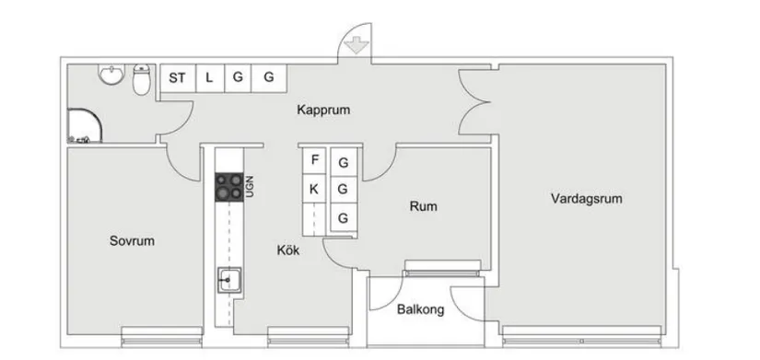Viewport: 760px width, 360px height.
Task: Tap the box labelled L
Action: tap(209, 78)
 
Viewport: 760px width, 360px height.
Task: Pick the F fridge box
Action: tap(315, 160)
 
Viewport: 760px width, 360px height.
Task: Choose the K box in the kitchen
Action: tap(315, 190)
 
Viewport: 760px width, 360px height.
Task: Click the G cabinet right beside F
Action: tap(344, 163)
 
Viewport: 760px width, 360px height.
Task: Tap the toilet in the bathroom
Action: tap(141, 80)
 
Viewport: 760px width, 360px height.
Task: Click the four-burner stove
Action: tap(228, 187)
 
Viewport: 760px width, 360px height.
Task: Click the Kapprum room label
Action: tap(323, 110)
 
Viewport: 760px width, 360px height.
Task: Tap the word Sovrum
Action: tap(132, 241)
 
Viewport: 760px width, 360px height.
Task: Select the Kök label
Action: tap(287, 249)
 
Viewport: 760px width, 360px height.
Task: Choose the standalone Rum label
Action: tap(423, 206)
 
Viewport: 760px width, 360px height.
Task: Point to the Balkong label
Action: tap(421, 309)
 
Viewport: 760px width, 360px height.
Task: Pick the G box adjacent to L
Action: tap(238, 78)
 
